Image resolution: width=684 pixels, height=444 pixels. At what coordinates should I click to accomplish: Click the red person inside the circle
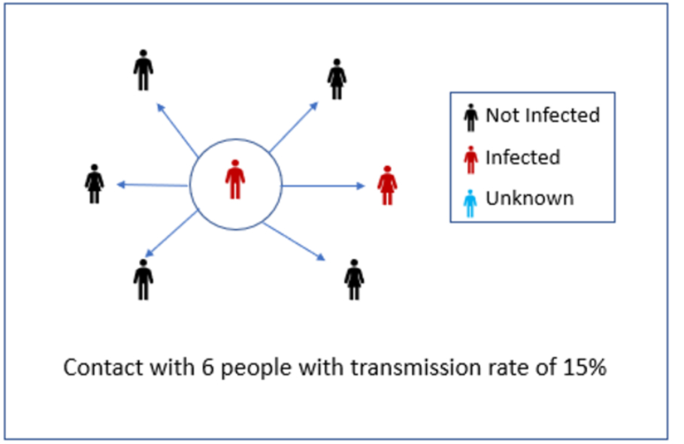pyautogui.click(x=235, y=179)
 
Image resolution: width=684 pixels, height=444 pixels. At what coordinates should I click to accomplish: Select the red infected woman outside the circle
pyautogui.click(x=387, y=186)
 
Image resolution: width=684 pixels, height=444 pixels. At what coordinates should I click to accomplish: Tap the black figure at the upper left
pyautogui.click(x=143, y=70)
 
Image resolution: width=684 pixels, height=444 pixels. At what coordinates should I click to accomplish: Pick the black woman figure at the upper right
pyautogui.click(x=336, y=79)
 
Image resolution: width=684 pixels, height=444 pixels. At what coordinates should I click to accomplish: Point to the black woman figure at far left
pyautogui.click(x=94, y=183)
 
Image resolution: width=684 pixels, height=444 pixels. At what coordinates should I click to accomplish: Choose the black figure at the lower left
pyautogui.click(x=143, y=279)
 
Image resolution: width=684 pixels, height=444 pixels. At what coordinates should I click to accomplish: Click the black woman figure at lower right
pyautogui.click(x=354, y=279)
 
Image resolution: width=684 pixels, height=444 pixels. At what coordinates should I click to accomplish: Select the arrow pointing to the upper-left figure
pyautogui.click(x=177, y=128)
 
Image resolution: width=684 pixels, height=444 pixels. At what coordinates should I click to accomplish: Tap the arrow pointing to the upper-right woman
pyautogui.click(x=295, y=125)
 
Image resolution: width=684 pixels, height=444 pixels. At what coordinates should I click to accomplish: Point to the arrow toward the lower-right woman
pyautogui.click(x=295, y=240)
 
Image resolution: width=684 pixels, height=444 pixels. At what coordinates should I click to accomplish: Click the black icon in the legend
pyautogui.click(x=471, y=117)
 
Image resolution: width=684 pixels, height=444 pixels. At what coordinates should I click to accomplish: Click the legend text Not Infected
pyautogui.click(x=542, y=116)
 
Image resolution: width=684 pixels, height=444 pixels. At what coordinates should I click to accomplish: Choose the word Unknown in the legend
pyautogui.click(x=529, y=199)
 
